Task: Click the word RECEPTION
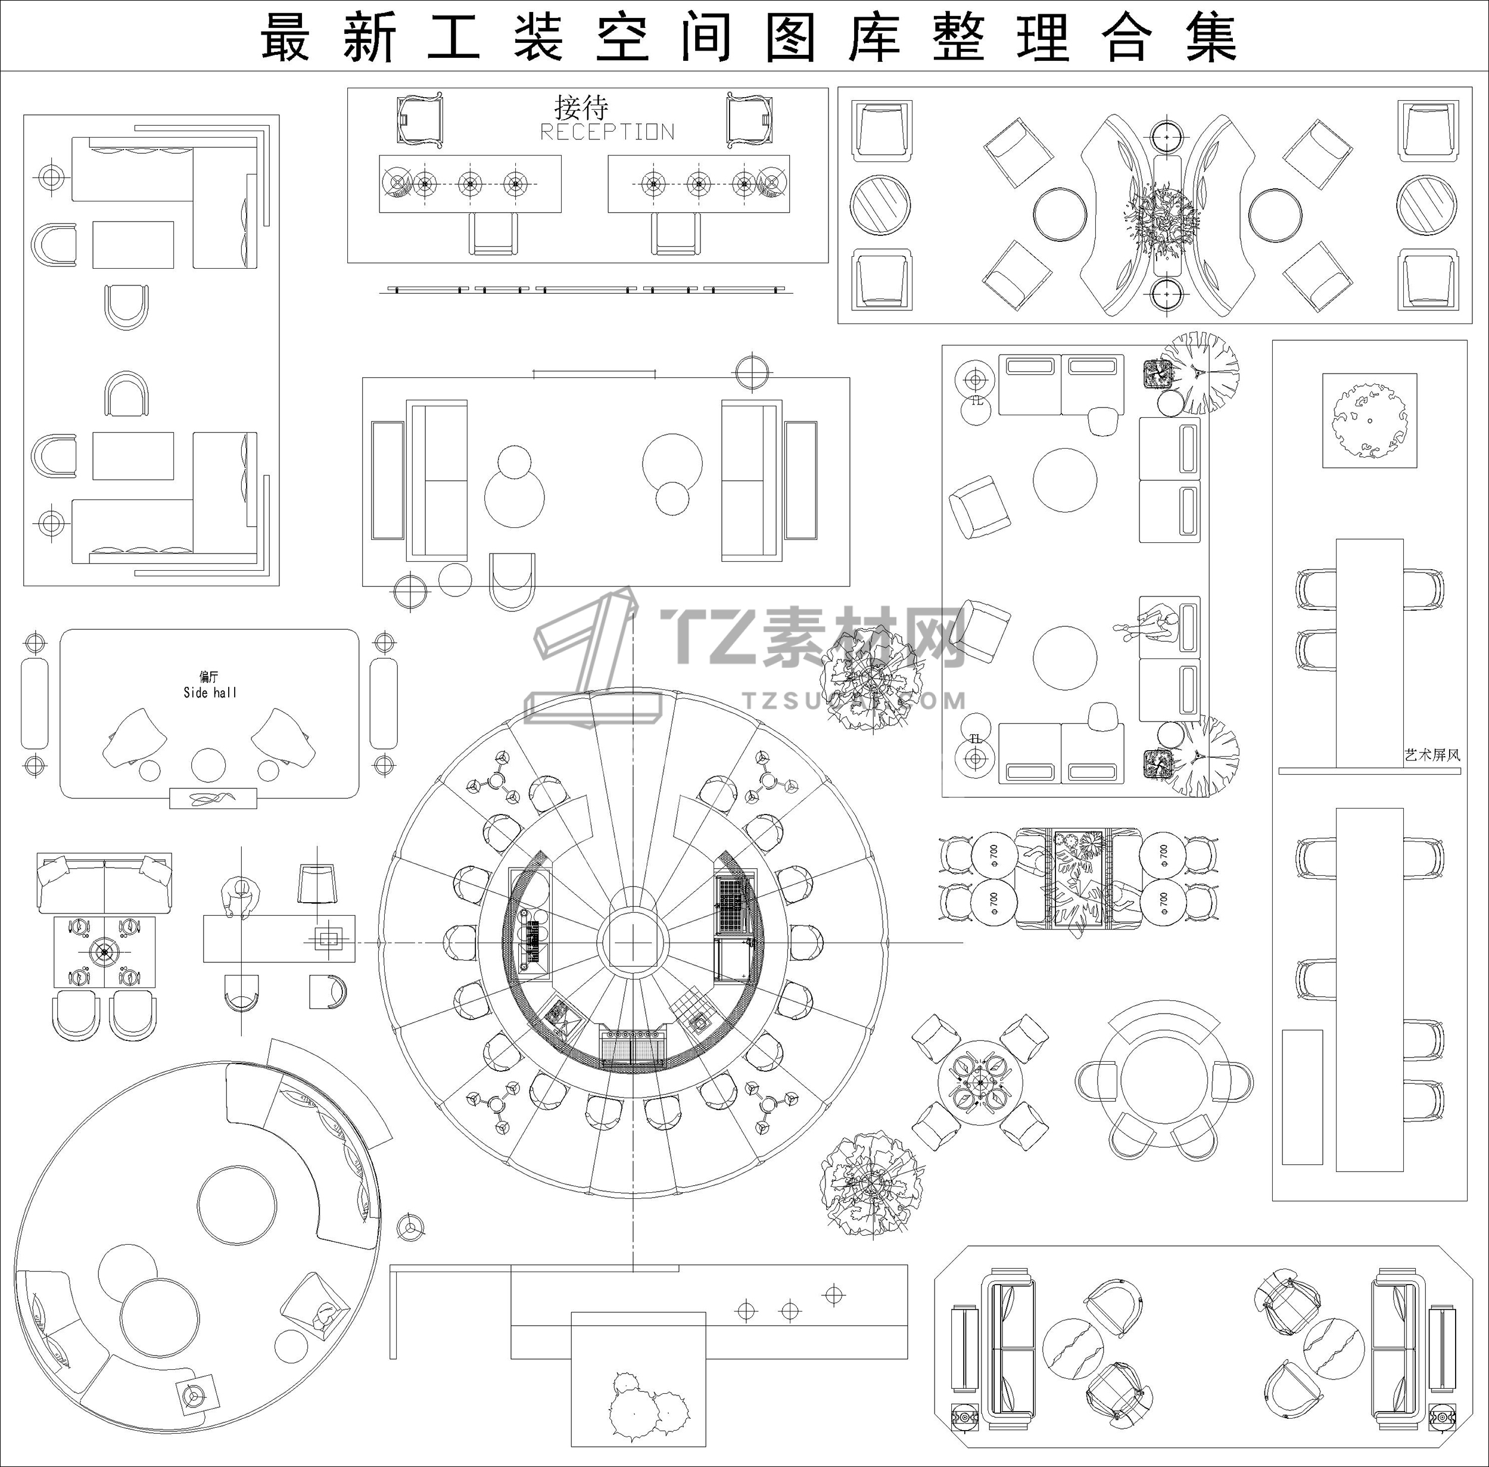tap(607, 132)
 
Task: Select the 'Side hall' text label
tap(210, 692)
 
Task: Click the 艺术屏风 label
tap(1432, 755)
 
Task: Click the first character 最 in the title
tap(286, 37)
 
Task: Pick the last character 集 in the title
tap(1210, 37)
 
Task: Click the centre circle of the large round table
tap(633, 941)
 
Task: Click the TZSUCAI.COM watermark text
tap(853, 700)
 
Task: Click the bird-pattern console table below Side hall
tap(213, 798)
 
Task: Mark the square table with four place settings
tap(104, 952)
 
